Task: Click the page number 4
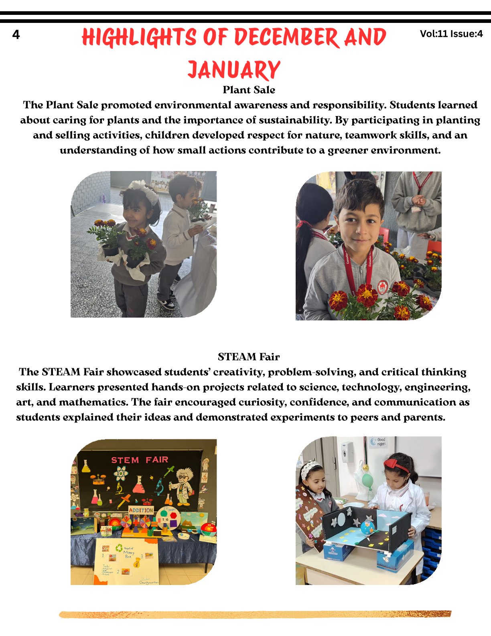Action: pyautogui.click(x=16, y=35)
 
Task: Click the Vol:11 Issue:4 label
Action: pyautogui.click(x=451, y=34)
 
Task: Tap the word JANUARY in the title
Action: pyautogui.click(x=233, y=70)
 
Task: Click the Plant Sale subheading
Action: pyautogui.click(x=249, y=90)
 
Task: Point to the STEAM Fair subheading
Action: pyautogui.click(x=249, y=357)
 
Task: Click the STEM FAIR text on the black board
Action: pyautogui.click(x=140, y=460)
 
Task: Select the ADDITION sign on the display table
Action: pyautogui.click(x=141, y=510)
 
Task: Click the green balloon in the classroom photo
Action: pyautogui.click(x=367, y=480)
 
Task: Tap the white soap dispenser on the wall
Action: pyautogui.click(x=347, y=451)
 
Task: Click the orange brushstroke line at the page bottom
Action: pyautogui.click(x=255, y=614)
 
